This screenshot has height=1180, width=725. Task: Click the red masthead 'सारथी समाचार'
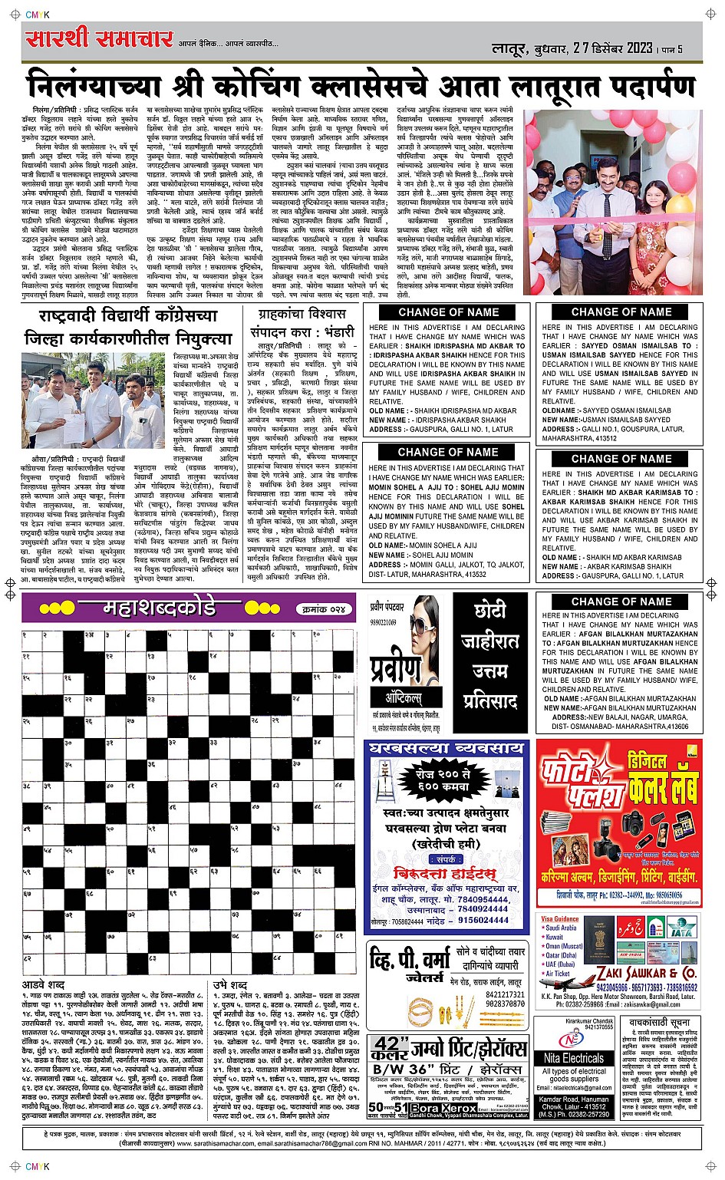98,38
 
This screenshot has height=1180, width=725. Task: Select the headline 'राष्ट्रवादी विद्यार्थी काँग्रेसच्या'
128,315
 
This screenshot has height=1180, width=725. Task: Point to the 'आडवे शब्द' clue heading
44,984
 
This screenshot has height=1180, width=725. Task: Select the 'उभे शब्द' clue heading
230,984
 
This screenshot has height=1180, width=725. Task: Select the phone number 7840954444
483,899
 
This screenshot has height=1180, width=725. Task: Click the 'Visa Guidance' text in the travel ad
559,918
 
